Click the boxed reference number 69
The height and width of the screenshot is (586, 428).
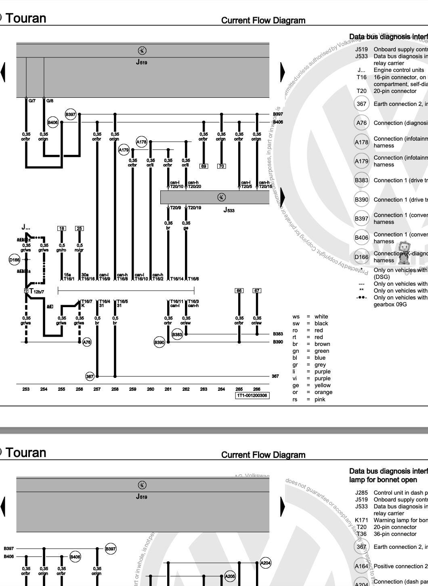point(204,166)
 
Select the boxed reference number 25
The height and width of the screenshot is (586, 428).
point(80,228)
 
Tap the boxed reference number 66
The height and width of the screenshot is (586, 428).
point(239,291)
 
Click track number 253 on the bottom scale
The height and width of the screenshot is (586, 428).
point(26,389)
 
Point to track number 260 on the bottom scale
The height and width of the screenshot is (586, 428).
point(151,389)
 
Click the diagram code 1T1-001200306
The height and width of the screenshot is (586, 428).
point(252,395)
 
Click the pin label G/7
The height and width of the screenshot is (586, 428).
point(32,101)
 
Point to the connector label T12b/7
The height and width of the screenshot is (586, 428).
point(36,291)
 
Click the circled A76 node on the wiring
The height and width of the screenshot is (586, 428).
point(87,342)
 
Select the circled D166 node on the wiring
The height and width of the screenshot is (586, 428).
point(14,259)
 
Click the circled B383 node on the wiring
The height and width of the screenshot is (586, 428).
point(177,334)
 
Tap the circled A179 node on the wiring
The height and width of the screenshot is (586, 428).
point(124,150)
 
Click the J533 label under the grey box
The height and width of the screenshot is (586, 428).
point(229,210)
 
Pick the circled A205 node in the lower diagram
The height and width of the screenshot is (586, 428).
point(230,576)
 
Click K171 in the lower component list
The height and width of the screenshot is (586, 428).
point(361,520)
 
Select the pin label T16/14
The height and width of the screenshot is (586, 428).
point(177,279)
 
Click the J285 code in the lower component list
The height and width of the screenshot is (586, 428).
point(361,493)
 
